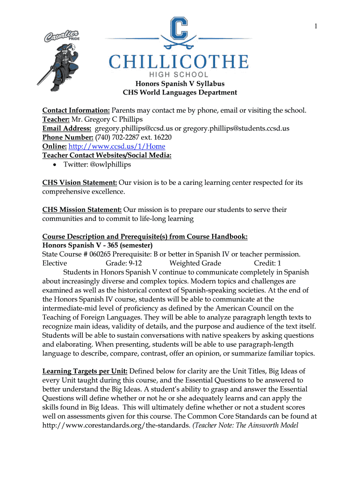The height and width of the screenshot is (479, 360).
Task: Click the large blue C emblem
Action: coord(179,34)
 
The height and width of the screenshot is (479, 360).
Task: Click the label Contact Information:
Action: coord(76,110)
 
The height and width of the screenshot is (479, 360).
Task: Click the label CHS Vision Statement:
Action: coord(79,182)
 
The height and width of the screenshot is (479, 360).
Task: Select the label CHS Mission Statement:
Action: coord(82,210)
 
